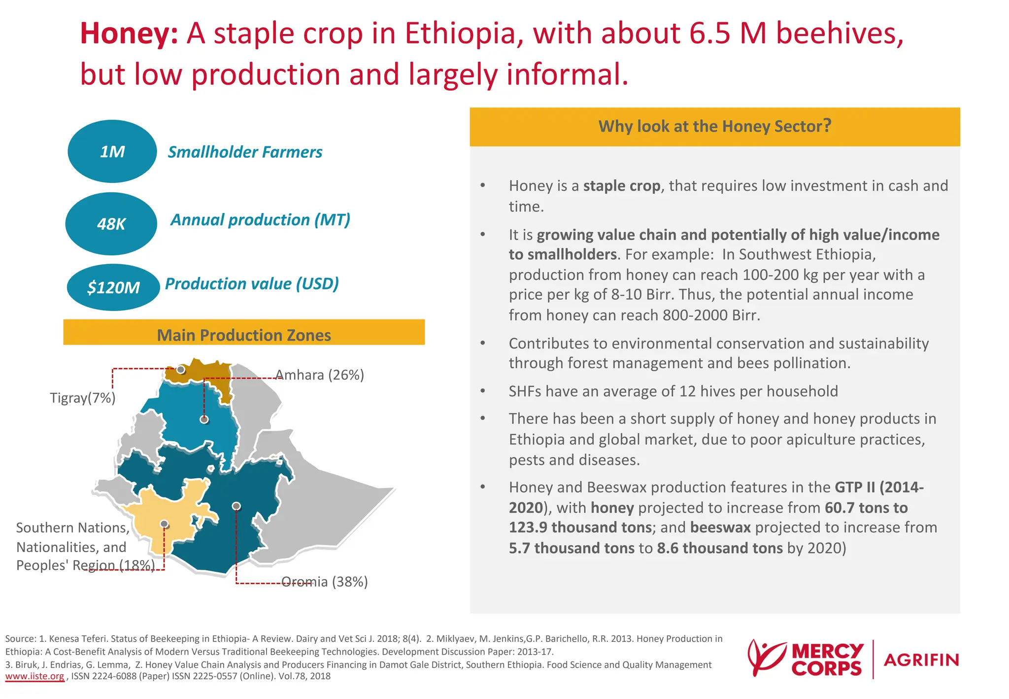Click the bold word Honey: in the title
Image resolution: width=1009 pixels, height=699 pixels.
(x=129, y=34)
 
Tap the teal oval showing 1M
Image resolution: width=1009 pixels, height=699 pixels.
(x=112, y=151)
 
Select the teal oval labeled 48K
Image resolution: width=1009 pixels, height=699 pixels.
(x=111, y=224)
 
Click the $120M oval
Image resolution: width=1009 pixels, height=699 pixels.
(x=113, y=287)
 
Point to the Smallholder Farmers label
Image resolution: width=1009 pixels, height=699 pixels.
(x=245, y=152)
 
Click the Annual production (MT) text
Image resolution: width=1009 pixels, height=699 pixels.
(x=260, y=219)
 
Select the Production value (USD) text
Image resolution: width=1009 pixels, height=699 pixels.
(x=252, y=283)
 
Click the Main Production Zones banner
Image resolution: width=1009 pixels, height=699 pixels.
(x=244, y=334)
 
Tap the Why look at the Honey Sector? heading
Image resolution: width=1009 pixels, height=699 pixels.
(x=714, y=126)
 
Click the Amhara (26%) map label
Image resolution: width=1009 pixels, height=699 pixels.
(x=320, y=375)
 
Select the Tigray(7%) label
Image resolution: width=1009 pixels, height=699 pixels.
(x=83, y=398)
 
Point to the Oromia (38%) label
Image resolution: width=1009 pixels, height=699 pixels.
(x=325, y=582)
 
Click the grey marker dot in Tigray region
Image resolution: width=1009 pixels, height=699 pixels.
(x=181, y=369)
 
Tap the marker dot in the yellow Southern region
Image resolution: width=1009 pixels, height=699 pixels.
(x=164, y=524)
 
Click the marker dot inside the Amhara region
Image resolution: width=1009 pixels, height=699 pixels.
(x=204, y=419)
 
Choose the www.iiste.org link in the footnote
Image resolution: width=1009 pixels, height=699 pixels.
(x=34, y=676)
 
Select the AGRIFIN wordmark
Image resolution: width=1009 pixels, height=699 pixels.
(x=921, y=660)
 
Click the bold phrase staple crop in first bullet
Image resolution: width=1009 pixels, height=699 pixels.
(x=622, y=186)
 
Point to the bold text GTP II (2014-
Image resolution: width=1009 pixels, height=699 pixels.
(x=879, y=487)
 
